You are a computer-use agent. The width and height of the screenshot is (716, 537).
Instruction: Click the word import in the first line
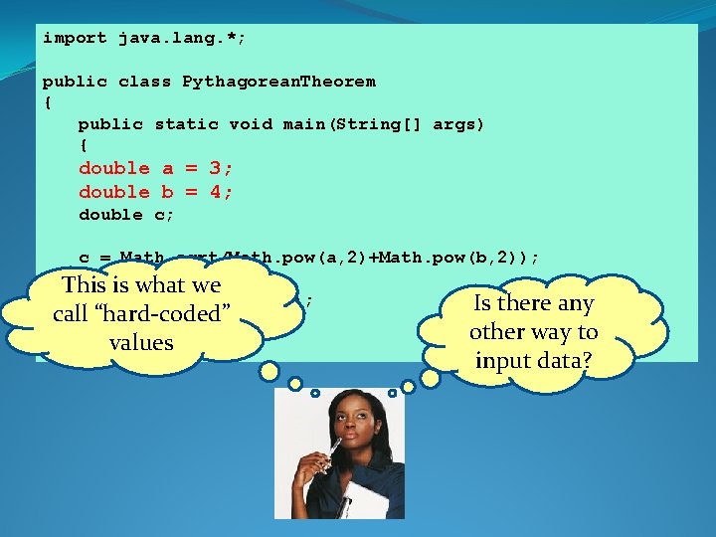pyautogui.click(x=75, y=38)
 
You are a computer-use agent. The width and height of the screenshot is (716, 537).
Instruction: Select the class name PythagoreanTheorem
pyautogui.click(x=279, y=82)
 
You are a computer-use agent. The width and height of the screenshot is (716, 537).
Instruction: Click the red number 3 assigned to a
pyautogui.click(x=215, y=168)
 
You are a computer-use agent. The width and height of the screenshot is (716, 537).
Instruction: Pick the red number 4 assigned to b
pyautogui.click(x=215, y=191)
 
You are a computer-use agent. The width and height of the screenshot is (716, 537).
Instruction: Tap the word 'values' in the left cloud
pyautogui.click(x=141, y=342)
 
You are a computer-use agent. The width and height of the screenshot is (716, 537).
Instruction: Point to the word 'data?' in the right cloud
pyautogui.click(x=563, y=360)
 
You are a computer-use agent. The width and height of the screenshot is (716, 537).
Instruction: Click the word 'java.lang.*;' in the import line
pyautogui.click(x=181, y=38)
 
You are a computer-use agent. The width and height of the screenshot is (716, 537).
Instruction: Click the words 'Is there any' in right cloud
pyautogui.click(x=533, y=303)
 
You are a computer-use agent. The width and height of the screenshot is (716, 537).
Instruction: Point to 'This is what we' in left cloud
pyautogui.click(x=141, y=285)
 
